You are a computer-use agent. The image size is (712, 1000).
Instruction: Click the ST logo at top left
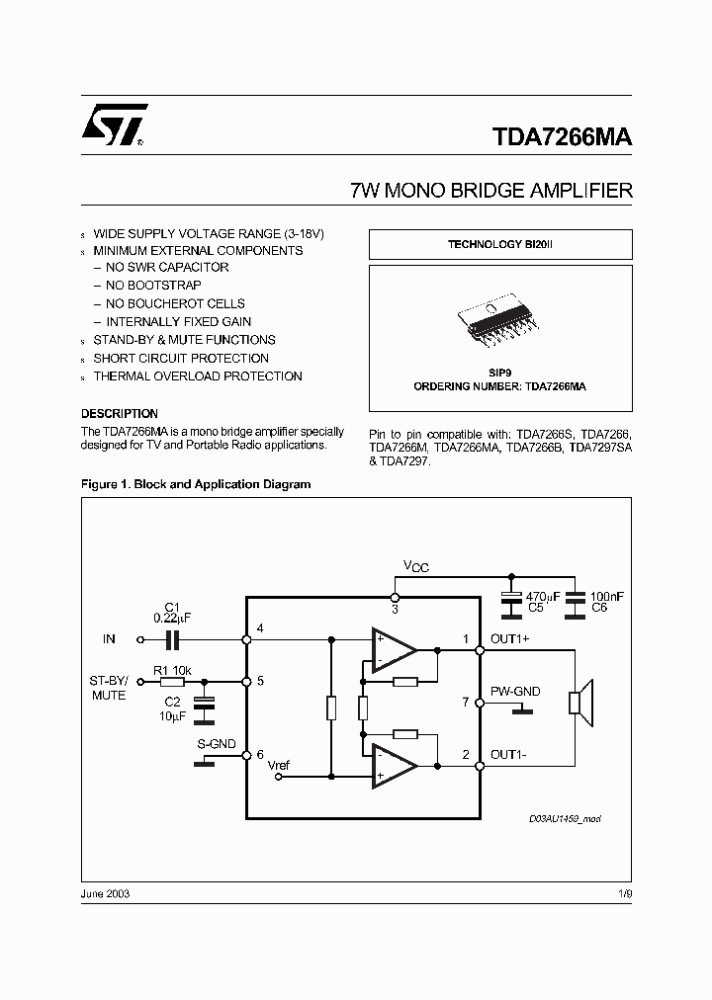[x=114, y=126]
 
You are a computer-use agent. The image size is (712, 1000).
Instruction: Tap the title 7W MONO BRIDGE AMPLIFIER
[x=490, y=191]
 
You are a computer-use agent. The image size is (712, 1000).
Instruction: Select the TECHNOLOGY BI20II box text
[x=499, y=244]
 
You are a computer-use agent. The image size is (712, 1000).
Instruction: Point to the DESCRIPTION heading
[x=119, y=413]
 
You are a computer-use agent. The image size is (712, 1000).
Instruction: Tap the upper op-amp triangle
[x=392, y=650]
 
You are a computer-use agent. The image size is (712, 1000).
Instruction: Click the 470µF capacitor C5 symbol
[x=511, y=598]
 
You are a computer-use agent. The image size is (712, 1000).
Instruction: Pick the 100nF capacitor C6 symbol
[x=573, y=598]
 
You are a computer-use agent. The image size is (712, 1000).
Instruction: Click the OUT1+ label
[x=510, y=638]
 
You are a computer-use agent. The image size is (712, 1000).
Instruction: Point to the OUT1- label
[x=509, y=755]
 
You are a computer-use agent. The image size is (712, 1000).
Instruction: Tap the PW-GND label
[x=515, y=692]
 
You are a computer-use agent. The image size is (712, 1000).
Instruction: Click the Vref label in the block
[x=280, y=766]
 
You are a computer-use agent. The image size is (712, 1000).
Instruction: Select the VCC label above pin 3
[x=415, y=566]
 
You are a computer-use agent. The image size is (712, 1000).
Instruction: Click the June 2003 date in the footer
[x=105, y=893]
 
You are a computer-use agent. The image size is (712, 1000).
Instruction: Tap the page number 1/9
[x=624, y=893]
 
